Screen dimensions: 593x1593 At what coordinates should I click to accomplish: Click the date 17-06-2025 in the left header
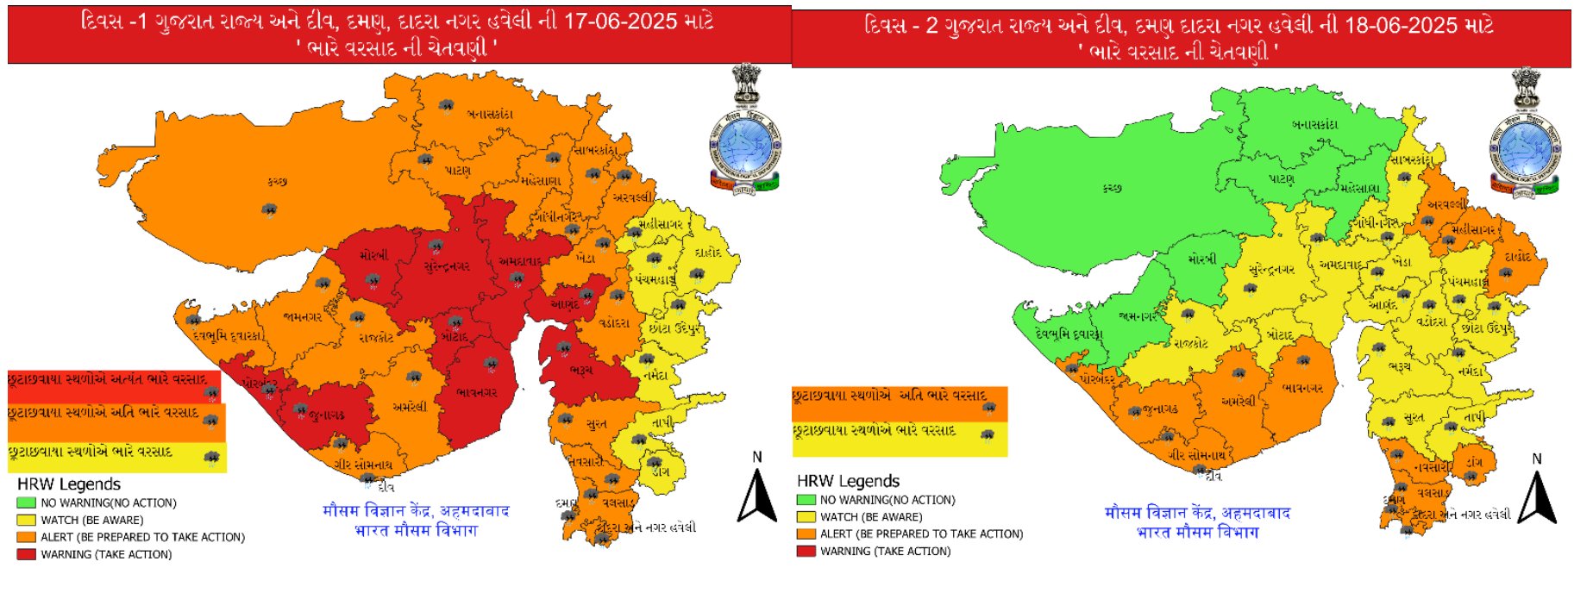point(620,22)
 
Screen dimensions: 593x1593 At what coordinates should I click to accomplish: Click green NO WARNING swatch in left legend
point(26,502)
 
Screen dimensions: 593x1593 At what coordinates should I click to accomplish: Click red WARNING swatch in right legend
point(806,551)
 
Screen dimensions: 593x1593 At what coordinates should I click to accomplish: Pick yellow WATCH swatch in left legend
point(26,520)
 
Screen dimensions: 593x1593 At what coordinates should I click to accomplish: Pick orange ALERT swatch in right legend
point(806,534)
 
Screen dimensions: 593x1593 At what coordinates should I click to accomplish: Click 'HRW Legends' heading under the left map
point(69,484)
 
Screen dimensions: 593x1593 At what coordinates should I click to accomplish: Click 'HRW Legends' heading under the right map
point(848,481)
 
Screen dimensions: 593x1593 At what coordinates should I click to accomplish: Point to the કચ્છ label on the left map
point(277,182)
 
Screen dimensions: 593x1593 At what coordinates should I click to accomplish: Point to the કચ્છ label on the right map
point(1113,187)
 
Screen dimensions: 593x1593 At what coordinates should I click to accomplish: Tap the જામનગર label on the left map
point(303,317)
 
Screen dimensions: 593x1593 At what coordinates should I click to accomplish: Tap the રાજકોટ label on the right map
point(1190,344)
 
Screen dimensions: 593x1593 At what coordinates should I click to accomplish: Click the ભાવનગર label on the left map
point(477,392)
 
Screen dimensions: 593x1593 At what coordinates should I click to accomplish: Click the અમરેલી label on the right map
point(1238,401)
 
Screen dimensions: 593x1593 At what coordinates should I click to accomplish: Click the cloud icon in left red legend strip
point(211,392)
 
